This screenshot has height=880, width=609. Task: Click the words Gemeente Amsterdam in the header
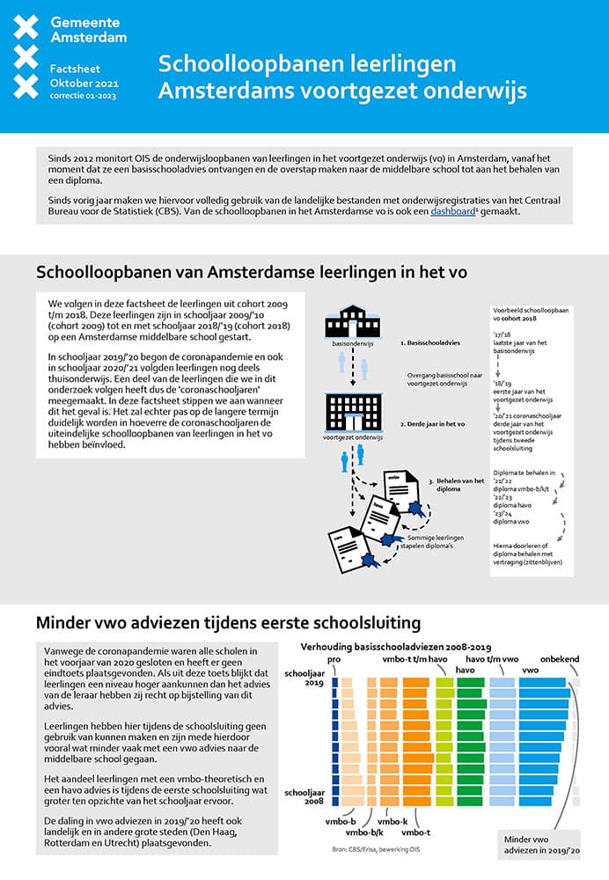click(88, 29)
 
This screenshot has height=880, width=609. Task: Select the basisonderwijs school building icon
click(352, 324)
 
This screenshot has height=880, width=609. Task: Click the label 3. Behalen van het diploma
click(461, 485)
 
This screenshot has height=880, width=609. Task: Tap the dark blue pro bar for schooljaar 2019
click(334, 681)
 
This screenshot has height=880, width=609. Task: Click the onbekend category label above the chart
click(559, 659)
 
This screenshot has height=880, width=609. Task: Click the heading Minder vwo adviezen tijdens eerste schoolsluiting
click(228, 623)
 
